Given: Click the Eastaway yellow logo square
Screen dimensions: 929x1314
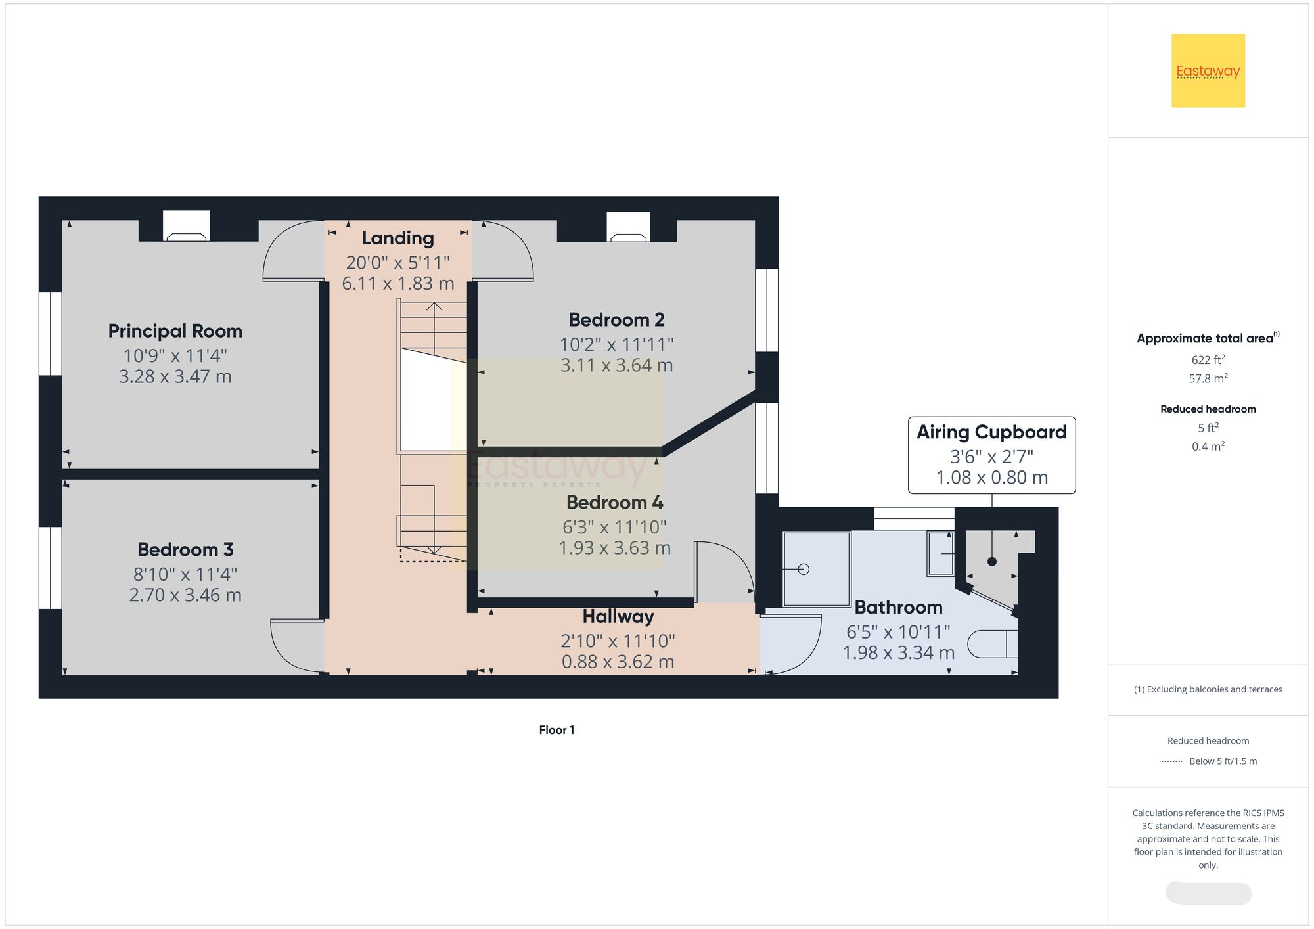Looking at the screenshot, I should [1208, 70].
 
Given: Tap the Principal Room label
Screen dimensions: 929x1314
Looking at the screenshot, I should [175, 330].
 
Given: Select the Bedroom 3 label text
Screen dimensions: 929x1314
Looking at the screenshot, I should [185, 549].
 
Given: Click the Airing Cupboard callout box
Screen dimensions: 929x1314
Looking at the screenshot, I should [991, 455].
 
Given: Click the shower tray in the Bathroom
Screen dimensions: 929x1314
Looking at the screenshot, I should [817, 569].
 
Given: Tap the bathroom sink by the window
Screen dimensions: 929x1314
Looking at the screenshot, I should [940, 553].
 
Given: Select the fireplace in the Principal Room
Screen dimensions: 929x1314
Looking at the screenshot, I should [187, 227].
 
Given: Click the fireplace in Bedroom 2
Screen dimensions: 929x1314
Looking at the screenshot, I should [628, 227].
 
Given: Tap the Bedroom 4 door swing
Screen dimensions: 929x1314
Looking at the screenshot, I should [723, 570].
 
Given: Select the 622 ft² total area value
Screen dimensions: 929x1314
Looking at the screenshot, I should [1208, 360].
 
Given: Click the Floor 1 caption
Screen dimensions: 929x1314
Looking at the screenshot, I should [556, 730].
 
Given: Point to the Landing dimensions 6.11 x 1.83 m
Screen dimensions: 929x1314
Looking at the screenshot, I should [398, 284].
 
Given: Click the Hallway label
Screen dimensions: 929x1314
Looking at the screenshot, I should [618, 616].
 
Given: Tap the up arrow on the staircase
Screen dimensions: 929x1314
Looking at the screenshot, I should [434, 307].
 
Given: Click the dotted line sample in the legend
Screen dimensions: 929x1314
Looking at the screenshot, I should [1171, 761].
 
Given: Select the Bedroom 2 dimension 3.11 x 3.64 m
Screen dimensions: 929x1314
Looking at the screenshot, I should [616, 365].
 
